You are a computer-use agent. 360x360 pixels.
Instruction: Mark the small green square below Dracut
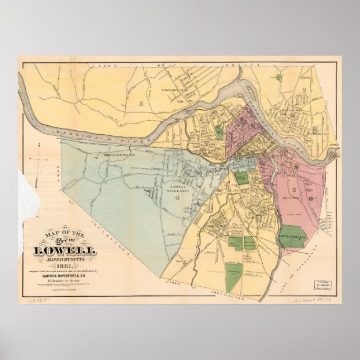[x=278, y=77]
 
